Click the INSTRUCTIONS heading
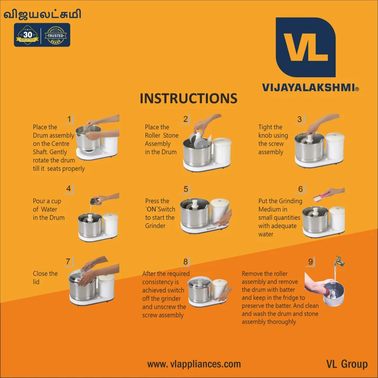click(188, 98)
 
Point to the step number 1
click(69, 119)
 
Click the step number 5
click(186, 189)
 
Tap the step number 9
click(310, 262)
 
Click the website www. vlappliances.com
click(194, 364)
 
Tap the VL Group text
click(347, 364)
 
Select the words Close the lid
click(45, 277)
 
